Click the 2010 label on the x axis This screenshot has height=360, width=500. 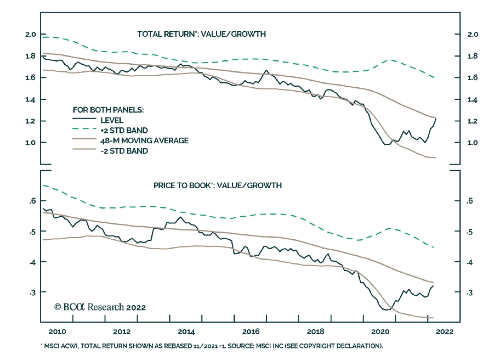(x=57, y=332)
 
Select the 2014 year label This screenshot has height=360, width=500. (x=186, y=332)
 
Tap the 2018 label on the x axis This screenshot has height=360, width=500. (x=316, y=332)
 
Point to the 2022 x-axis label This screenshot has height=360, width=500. (x=444, y=332)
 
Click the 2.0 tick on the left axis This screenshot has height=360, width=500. (x=31, y=34)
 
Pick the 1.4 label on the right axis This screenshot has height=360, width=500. (x=472, y=100)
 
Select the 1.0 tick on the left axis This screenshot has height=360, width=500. (x=31, y=143)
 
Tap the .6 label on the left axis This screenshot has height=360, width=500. (x=32, y=201)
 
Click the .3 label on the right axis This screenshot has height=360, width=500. (x=470, y=293)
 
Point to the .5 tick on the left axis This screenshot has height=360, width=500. (x=32, y=232)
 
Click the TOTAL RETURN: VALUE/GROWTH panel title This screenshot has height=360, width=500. (x=202, y=34)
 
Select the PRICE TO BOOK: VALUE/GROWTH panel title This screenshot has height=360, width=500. (x=217, y=185)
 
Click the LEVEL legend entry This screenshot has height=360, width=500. (x=112, y=120)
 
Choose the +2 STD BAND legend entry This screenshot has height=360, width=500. (x=124, y=130)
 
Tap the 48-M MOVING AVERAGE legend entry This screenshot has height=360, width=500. (x=144, y=141)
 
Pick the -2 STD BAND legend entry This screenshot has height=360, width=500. (x=124, y=151)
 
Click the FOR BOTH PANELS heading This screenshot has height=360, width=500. (x=108, y=110)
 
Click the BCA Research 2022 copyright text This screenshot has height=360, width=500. (x=100, y=307)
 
